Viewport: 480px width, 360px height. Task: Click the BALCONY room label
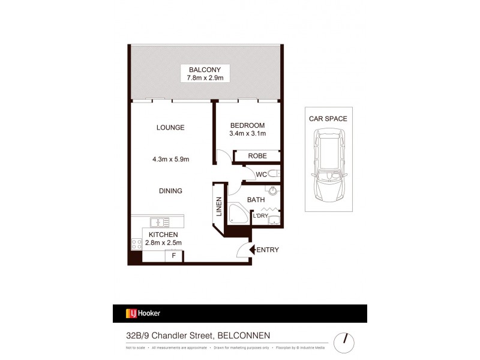pyautogui.click(x=205, y=69)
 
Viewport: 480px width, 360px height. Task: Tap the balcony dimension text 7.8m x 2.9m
pyautogui.click(x=205, y=78)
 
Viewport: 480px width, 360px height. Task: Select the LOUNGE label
pyautogui.click(x=170, y=127)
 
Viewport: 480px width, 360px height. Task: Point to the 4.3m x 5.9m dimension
pyautogui.click(x=170, y=160)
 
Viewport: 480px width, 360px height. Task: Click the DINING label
pyautogui.click(x=170, y=191)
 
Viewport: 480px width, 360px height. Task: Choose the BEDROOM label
pyautogui.click(x=247, y=125)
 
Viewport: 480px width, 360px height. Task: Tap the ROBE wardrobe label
pyautogui.click(x=257, y=156)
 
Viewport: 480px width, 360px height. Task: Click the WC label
pyautogui.click(x=261, y=175)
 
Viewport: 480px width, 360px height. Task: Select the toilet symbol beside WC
pyautogui.click(x=274, y=175)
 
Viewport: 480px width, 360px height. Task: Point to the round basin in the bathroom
pyautogui.click(x=273, y=192)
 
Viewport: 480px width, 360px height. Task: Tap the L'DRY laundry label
pyautogui.click(x=260, y=216)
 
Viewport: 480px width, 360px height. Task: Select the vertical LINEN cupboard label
pyautogui.click(x=219, y=206)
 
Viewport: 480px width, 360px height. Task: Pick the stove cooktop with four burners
pyautogui.click(x=136, y=244)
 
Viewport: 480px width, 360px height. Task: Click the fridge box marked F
pyautogui.click(x=174, y=256)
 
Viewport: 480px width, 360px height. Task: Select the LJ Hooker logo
pyautogui.click(x=143, y=313)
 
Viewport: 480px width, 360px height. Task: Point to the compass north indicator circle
pyautogui.click(x=343, y=342)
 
